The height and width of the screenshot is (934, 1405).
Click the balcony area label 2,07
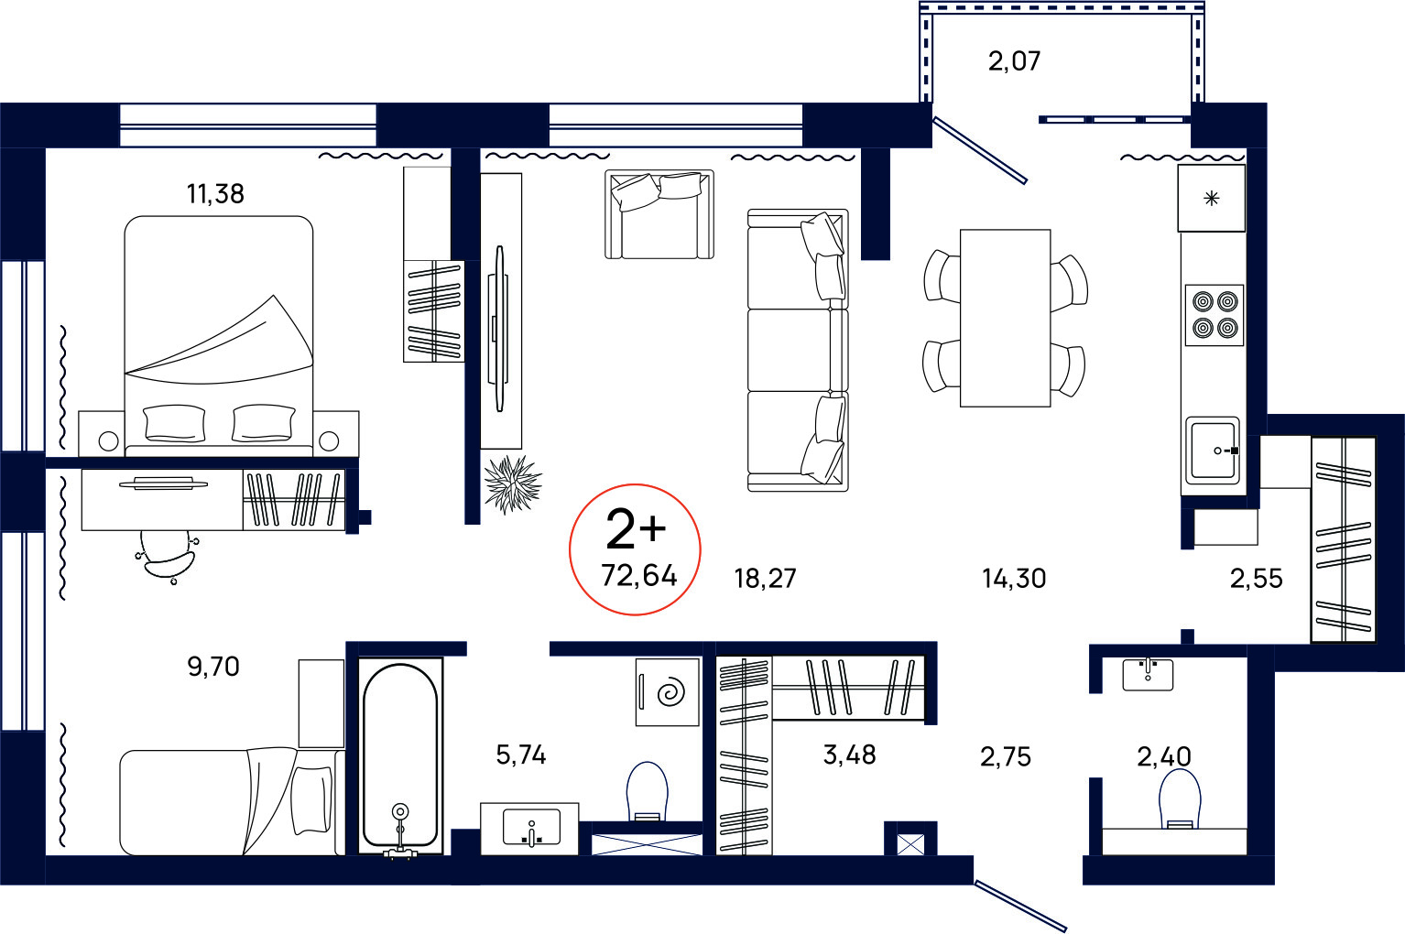[x=1014, y=61]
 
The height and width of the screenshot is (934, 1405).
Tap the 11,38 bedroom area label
[x=215, y=194]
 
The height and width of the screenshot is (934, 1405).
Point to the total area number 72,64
[x=639, y=575]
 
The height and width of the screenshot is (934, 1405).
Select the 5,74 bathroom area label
[x=520, y=755]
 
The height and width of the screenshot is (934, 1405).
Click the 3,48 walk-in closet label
[x=849, y=755]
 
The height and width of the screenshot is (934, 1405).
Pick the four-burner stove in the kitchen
[x=1214, y=315]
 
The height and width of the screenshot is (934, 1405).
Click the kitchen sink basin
[x=1213, y=451]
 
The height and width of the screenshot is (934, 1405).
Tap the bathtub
[x=400, y=755]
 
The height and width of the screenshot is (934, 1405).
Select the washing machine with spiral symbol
[x=668, y=692]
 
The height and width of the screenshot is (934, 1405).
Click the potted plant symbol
[x=513, y=484]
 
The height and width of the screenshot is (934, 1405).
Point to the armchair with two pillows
[x=659, y=214]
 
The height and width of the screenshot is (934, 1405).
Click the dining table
[x=1006, y=318]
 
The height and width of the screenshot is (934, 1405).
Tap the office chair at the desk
[x=167, y=555]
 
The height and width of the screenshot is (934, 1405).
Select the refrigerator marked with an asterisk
[x=1212, y=198]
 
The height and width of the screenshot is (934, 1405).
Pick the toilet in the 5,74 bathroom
[x=648, y=791]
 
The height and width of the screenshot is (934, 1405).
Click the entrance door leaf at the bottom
[x=1020, y=907]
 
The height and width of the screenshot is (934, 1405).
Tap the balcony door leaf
[x=980, y=150]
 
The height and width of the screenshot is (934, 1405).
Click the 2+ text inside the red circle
[x=636, y=529]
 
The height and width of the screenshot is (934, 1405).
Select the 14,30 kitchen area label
[x=1014, y=579]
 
